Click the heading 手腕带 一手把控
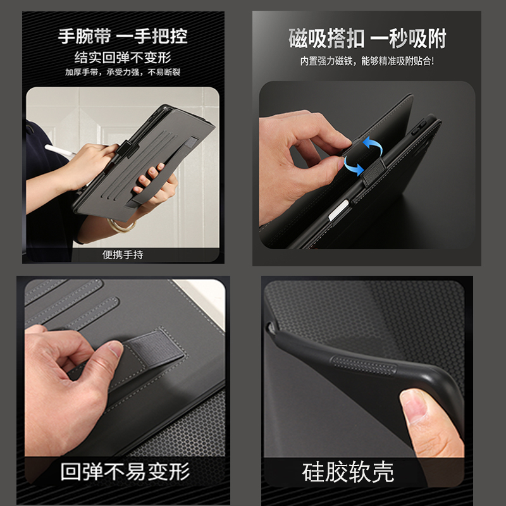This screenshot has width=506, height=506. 123,35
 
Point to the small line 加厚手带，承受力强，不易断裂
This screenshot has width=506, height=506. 123,72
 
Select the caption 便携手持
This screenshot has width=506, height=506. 123,255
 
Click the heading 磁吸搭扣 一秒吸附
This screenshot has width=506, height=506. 367,39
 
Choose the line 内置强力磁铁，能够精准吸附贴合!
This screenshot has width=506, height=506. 367,62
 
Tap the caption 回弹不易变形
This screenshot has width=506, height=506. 125,471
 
